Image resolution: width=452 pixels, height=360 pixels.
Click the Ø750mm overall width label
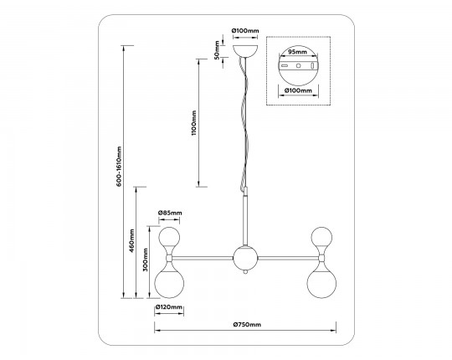click(x=247, y=325)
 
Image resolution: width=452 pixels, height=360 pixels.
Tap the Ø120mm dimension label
click(x=169, y=307)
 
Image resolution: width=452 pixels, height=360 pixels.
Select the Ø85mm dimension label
click(x=170, y=213)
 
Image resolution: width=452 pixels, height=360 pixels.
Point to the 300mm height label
click(x=145, y=260)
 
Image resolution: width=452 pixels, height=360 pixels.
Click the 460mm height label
click(x=131, y=240)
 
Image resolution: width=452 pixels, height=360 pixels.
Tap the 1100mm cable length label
click(x=193, y=123)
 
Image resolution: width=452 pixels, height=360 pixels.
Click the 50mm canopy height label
click(x=217, y=50)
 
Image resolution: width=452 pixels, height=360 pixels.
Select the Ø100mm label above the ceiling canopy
click(x=245, y=30)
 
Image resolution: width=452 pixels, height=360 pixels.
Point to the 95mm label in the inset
click(x=298, y=52)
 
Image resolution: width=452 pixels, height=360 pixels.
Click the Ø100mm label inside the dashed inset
click(x=298, y=90)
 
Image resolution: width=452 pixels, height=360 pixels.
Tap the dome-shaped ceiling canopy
click(x=245, y=51)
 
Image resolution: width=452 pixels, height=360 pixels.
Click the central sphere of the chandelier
click(x=245, y=258)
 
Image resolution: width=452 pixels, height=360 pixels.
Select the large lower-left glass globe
click(x=169, y=283)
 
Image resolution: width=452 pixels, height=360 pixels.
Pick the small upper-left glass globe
click(x=169, y=237)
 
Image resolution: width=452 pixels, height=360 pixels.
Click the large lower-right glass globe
click(x=321, y=283)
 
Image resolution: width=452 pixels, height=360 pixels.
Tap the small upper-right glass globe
click(x=321, y=237)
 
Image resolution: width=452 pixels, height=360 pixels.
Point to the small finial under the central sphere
click(x=245, y=272)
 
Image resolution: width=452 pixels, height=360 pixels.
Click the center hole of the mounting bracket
click(x=298, y=65)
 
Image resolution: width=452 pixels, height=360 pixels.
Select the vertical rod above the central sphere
click(x=245, y=219)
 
